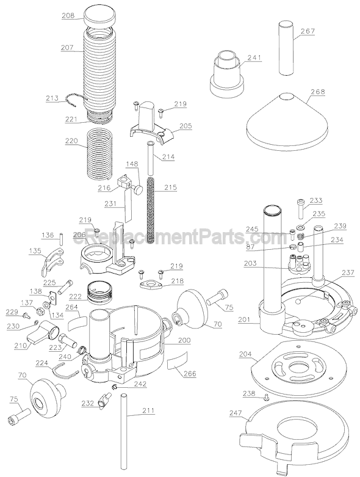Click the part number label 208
(68, 15)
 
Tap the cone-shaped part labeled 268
(287, 120)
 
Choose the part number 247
(236, 413)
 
